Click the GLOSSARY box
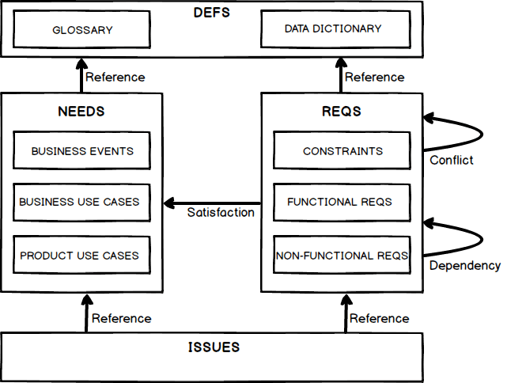click(82, 30)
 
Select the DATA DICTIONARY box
click(333, 29)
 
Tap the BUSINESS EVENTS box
click(81, 151)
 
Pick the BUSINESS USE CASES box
click(81, 202)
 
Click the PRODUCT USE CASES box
click(81, 256)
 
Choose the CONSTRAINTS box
click(342, 151)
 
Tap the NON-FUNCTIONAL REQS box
click(342, 256)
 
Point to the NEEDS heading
click(81, 112)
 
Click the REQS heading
click(342, 112)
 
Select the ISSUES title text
click(214, 347)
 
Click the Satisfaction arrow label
click(221, 212)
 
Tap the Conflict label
click(451, 160)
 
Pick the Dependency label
click(464, 265)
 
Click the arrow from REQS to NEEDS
click(212, 203)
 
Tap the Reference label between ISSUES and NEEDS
click(121, 318)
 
